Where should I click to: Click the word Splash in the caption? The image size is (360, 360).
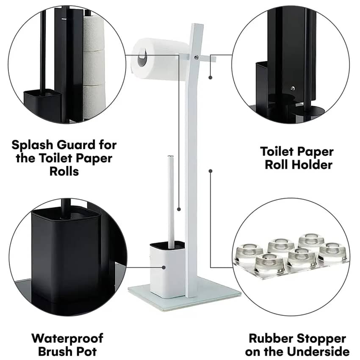(32, 145)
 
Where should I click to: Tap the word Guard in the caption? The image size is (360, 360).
(76, 145)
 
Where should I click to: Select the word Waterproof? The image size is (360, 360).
(67, 339)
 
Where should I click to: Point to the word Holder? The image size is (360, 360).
(310, 165)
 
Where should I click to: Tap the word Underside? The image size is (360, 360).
(318, 352)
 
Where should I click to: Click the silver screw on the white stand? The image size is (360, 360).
(197, 58)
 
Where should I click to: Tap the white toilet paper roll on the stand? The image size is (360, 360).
(160, 60)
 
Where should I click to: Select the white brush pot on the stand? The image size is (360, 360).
(167, 269)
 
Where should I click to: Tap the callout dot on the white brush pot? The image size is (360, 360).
(164, 268)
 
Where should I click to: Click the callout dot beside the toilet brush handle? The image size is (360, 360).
(179, 209)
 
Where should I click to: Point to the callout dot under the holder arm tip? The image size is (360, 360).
(210, 78)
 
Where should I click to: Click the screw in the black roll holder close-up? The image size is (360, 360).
(292, 88)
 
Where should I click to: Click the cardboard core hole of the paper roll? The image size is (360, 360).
(142, 58)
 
